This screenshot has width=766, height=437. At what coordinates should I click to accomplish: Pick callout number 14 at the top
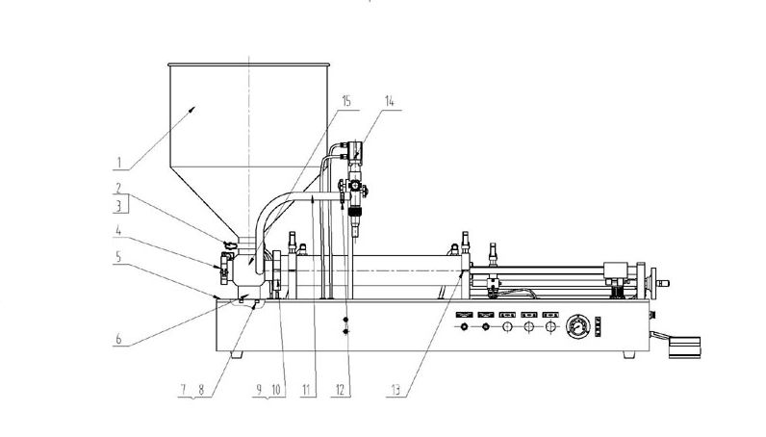[388, 100]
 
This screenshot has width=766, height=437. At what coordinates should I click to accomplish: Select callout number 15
[345, 100]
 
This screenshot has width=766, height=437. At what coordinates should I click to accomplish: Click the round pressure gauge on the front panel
[579, 325]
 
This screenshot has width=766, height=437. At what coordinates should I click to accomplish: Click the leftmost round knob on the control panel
[466, 328]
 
